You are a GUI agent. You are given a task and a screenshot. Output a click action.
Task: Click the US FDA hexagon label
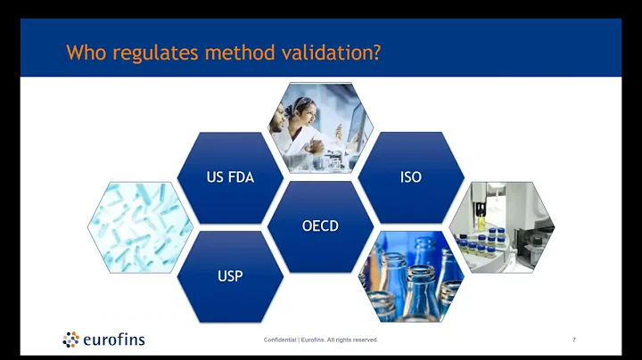click(x=230, y=177)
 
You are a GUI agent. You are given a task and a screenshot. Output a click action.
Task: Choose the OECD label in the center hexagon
click(x=320, y=225)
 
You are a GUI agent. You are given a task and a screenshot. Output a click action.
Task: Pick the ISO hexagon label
click(x=411, y=177)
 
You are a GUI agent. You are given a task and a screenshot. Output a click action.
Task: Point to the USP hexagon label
click(x=230, y=275)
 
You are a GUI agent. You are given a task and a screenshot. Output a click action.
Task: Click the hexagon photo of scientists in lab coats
click(x=320, y=127)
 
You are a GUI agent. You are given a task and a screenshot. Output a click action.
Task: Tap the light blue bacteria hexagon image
click(x=140, y=226)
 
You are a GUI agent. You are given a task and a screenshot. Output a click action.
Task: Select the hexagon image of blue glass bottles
click(x=411, y=274)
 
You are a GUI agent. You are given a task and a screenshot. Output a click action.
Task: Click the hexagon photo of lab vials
click(x=501, y=226)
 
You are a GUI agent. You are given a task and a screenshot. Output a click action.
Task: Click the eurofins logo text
click(x=113, y=340)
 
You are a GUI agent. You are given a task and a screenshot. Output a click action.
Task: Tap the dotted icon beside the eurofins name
click(x=70, y=339)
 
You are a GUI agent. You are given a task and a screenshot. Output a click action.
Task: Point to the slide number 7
click(x=573, y=340)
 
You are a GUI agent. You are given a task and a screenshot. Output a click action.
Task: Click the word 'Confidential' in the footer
click(x=281, y=340)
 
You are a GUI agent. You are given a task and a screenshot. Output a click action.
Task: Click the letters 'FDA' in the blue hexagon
click(x=241, y=177)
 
